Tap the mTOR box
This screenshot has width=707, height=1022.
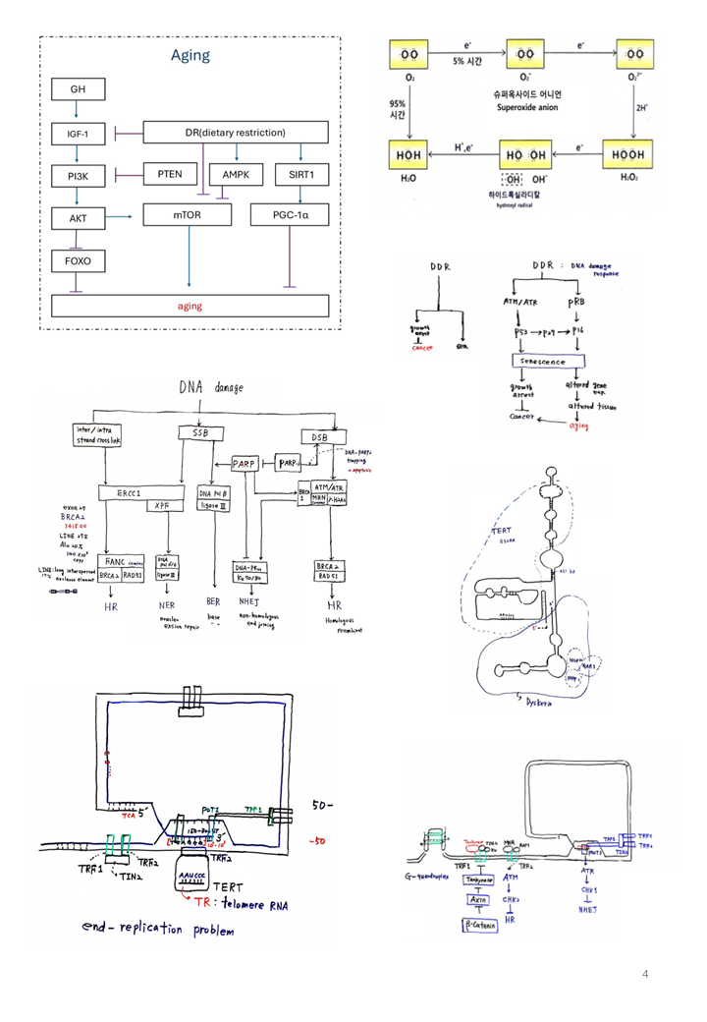pyautogui.click(x=187, y=214)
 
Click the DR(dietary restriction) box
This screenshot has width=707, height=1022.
pyautogui.click(x=235, y=132)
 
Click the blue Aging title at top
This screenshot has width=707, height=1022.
pyautogui.click(x=190, y=55)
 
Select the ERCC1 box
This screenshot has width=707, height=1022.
pyautogui.click(x=128, y=493)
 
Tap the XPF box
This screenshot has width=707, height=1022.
pyautogui.click(x=164, y=507)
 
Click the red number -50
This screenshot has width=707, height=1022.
pyautogui.click(x=318, y=841)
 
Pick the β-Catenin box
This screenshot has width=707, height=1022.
pyautogui.click(x=480, y=925)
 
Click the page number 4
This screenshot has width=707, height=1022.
pyautogui.click(x=645, y=974)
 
